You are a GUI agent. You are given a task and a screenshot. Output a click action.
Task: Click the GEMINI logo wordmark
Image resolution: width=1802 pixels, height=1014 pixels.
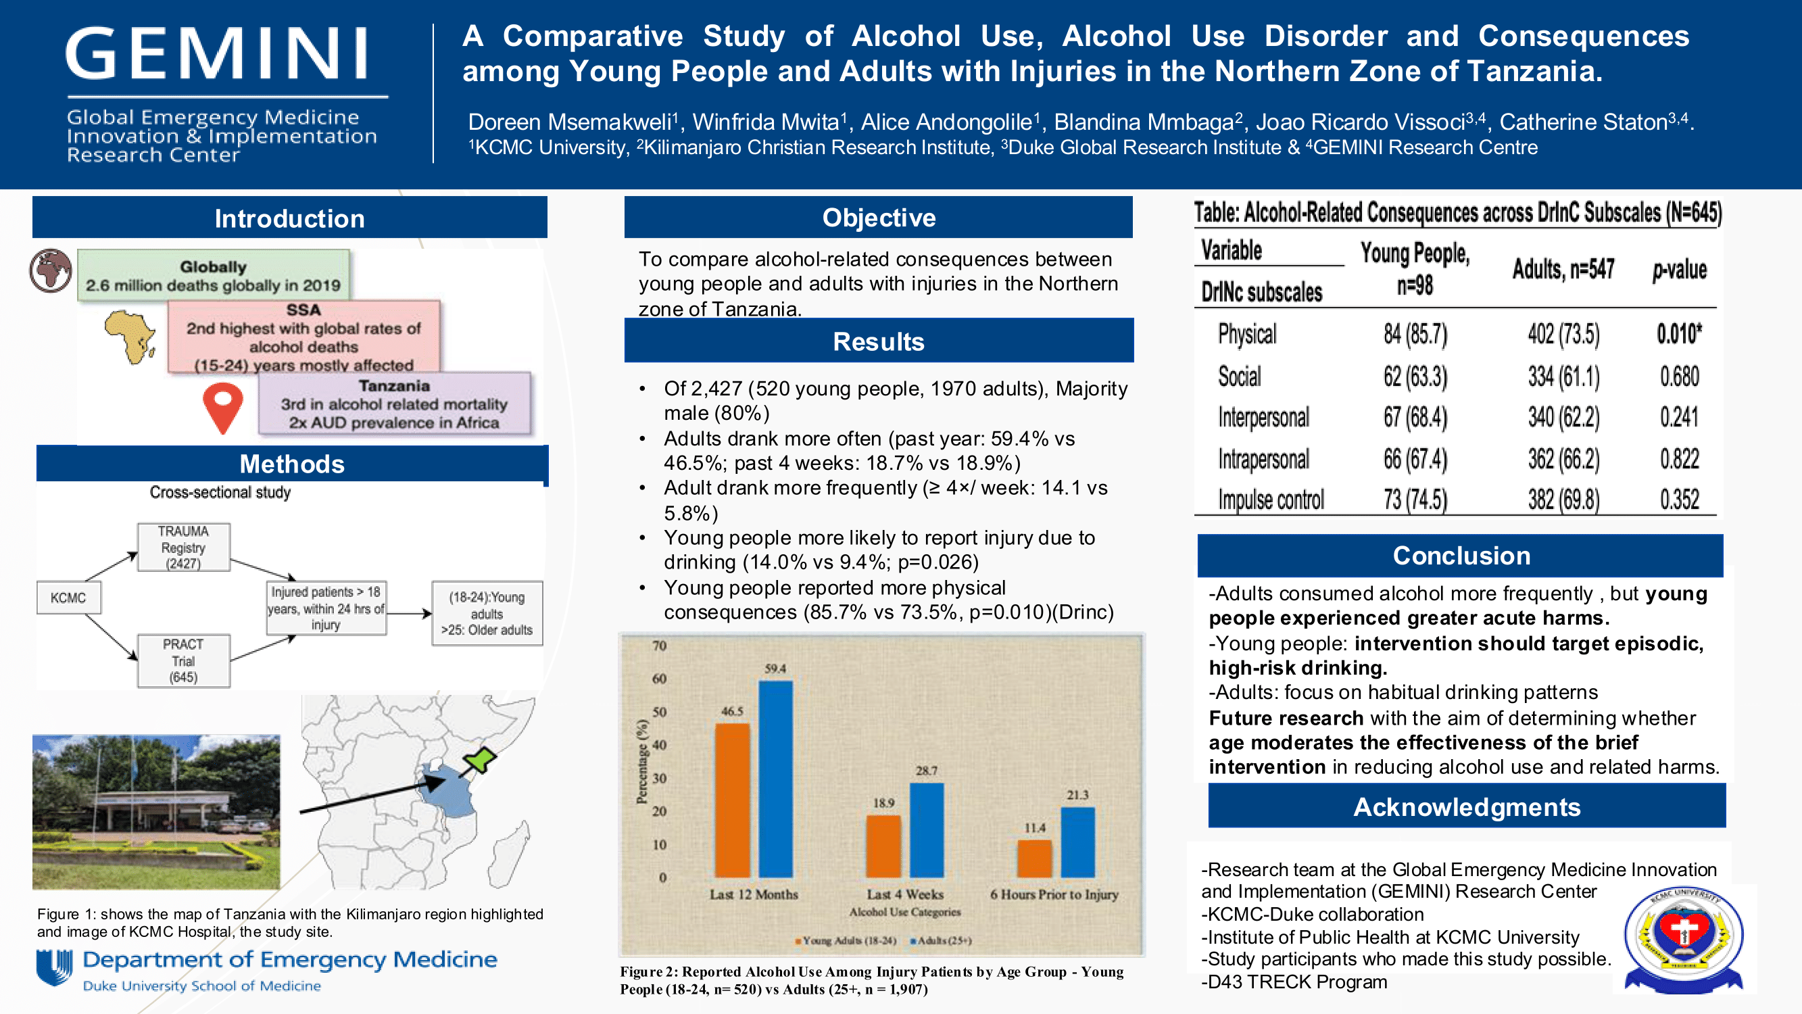tap(218, 54)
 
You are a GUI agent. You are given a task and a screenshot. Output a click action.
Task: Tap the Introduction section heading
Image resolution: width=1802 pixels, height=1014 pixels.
tap(289, 218)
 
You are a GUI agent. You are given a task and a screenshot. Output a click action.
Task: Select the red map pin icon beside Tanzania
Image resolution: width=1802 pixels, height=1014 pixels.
tap(222, 407)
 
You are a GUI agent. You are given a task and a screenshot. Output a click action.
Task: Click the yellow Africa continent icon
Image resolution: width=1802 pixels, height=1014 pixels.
tap(130, 337)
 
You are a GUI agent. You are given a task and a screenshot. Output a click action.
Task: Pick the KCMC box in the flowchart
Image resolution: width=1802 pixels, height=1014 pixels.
tap(68, 598)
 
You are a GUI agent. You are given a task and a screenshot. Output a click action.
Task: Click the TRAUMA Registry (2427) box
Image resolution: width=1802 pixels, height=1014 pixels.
tap(183, 548)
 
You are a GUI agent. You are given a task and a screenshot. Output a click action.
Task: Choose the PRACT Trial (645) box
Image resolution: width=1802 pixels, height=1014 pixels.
tap(183, 660)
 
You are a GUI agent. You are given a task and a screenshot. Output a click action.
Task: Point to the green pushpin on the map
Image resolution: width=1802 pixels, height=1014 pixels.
tap(480, 758)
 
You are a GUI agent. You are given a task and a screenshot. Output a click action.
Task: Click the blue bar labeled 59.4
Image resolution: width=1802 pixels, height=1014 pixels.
tap(776, 778)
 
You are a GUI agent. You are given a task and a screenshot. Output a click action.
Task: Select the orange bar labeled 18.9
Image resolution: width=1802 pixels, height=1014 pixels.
tap(883, 846)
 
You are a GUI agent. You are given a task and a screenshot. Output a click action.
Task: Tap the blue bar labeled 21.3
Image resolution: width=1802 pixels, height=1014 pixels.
tap(1077, 842)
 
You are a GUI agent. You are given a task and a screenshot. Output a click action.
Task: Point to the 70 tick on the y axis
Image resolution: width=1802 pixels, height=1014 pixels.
tap(659, 645)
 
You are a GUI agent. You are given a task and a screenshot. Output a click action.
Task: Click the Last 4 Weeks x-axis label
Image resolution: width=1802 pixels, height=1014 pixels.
tap(905, 894)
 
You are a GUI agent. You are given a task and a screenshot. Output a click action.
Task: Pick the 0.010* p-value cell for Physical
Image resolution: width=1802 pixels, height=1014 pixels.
tap(1679, 334)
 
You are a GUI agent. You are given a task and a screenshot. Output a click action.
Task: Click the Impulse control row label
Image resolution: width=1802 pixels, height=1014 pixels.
tap(1271, 500)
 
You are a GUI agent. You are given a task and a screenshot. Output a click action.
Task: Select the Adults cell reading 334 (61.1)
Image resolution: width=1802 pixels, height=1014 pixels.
tap(1563, 377)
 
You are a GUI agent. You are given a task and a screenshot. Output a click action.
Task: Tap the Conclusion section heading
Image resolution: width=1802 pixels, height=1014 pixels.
tap(1461, 556)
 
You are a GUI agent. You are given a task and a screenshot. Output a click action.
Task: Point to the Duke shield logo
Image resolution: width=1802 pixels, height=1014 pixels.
tap(55, 967)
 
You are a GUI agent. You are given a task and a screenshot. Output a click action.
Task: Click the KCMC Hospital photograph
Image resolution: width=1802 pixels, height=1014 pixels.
tap(156, 812)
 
